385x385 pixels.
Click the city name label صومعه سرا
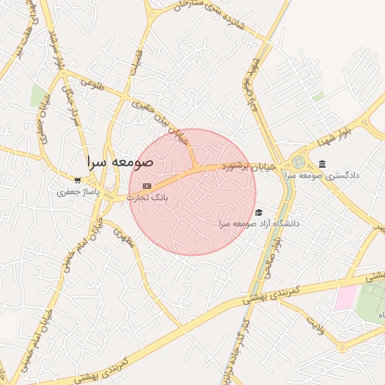(120, 162)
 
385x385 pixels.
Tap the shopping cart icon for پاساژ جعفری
(78, 180)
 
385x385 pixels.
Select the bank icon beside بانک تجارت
(147, 186)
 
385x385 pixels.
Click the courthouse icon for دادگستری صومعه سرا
(323, 164)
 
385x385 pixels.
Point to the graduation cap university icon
(259, 213)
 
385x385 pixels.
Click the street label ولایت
(316, 324)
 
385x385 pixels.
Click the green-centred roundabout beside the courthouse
(299, 162)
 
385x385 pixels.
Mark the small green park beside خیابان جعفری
(38, 95)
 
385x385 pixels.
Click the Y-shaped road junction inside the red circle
(194, 165)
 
